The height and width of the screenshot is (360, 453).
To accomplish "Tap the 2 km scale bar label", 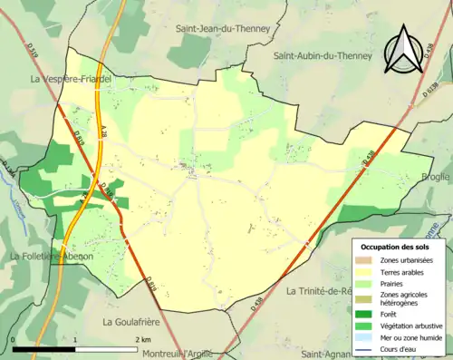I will tap(144, 338).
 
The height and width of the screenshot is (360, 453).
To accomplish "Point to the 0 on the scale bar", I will tap(13, 338).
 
